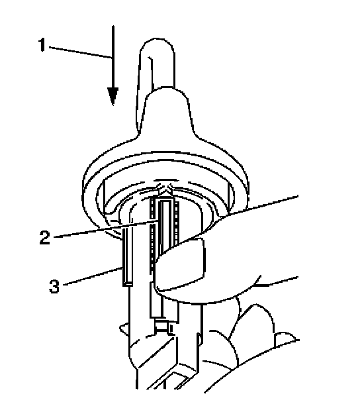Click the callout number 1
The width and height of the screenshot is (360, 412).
[x=42, y=45]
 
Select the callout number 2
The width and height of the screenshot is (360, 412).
[x=45, y=237]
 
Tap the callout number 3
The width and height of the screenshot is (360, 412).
[x=54, y=286]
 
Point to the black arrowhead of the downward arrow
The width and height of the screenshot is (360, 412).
[x=113, y=96]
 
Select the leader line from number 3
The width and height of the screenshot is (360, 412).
[x=93, y=276]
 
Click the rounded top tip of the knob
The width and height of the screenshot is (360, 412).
[x=157, y=42]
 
